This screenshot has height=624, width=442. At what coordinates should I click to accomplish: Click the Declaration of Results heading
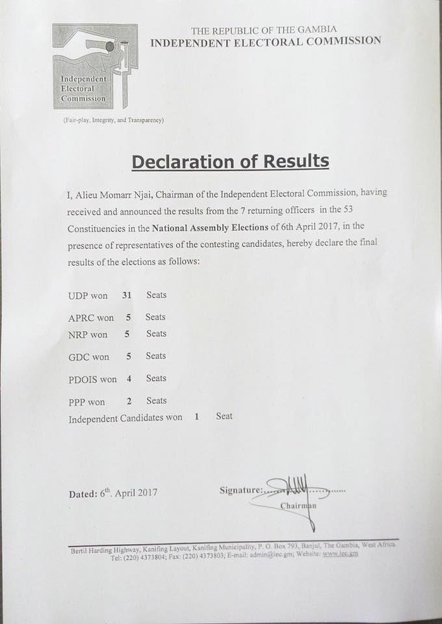pyautogui.click(x=230, y=161)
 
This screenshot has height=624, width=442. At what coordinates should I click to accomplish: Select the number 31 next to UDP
pyautogui.click(x=127, y=295)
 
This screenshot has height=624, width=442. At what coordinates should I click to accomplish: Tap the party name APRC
pyautogui.click(x=81, y=318)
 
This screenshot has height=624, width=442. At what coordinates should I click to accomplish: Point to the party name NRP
pyautogui.click(x=79, y=334)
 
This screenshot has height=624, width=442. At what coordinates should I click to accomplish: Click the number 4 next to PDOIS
pyautogui.click(x=129, y=378)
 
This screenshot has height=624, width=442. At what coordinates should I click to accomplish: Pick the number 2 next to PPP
pyautogui.click(x=129, y=401)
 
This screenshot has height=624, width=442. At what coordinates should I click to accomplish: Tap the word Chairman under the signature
pyautogui.click(x=298, y=506)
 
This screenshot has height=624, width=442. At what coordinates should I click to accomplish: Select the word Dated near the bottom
pyautogui.click(x=83, y=493)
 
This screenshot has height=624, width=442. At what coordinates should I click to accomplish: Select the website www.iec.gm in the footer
pyautogui.click(x=340, y=554)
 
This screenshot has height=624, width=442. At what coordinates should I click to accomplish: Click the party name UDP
pyautogui.click(x=78, y=296)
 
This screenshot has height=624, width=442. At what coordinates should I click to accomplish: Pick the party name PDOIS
pyautogui.click(x=84, y=379)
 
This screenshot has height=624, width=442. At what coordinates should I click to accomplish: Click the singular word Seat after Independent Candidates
pyautogui.click(x=224, y=416)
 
